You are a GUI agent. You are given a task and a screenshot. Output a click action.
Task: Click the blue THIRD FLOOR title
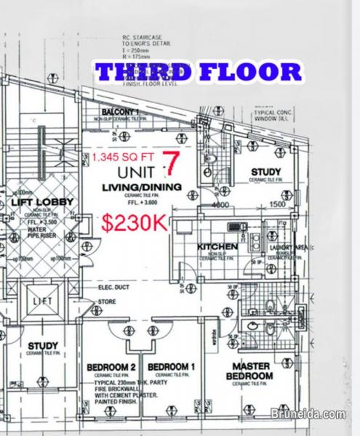click(x=199, y=72)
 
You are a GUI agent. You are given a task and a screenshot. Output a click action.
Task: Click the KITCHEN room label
click(x=217, y=247)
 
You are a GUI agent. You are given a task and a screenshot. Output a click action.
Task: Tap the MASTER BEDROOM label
click(x=252, y=371)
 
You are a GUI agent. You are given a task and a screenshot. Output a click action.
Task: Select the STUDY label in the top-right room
click(x=265, y=172)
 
